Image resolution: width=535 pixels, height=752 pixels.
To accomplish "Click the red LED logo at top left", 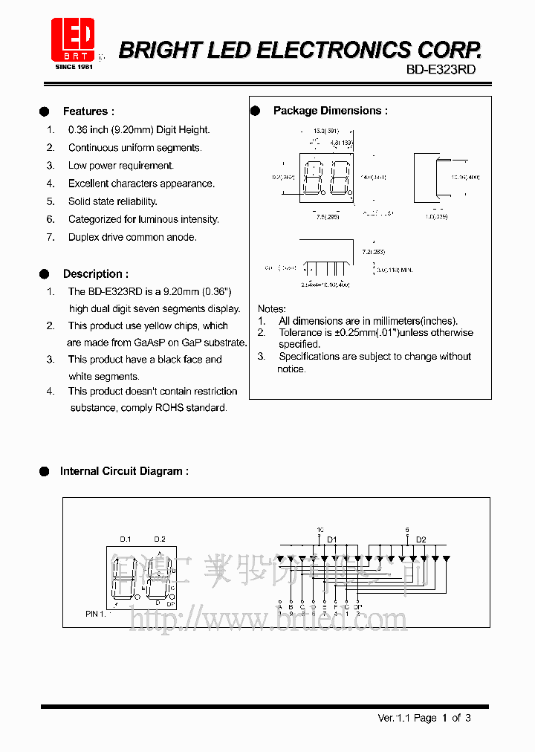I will [73, 39].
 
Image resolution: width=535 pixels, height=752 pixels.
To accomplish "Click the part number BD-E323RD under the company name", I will [441, 69].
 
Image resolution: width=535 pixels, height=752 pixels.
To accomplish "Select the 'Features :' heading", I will [88, 111].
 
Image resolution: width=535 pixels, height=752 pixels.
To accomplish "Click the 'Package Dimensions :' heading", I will [330, 111].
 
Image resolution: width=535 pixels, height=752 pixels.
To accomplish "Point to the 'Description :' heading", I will [95, 273].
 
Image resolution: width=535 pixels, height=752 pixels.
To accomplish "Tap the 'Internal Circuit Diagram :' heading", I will [124, 471].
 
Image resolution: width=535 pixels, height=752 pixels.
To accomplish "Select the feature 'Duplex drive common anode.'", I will [132, 237].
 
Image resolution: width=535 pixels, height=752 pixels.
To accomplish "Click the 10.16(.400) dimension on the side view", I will [466, 178].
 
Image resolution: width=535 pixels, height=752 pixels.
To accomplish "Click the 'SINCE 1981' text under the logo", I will [74, 67].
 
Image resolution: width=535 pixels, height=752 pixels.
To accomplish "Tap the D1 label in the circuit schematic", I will [332, 539].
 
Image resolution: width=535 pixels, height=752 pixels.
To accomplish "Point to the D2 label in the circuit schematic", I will [421, 539].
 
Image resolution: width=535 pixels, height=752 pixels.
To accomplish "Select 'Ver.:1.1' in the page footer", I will [394, 718].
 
